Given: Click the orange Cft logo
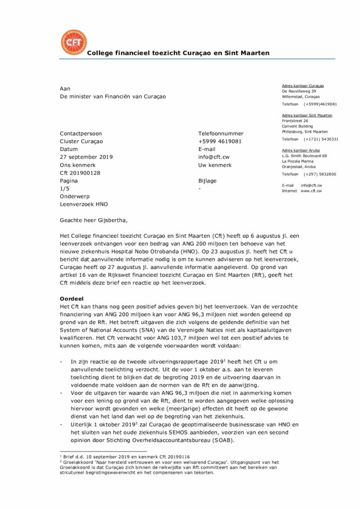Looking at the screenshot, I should (x=73, y=42).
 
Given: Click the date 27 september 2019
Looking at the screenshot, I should (x=86, y=157).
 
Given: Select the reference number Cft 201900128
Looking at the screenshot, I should (x=80, y=173).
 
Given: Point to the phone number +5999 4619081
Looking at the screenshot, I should (x=220, y=141).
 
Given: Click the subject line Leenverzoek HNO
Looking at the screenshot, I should (x=84, y=204).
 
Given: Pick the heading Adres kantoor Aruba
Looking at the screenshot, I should (x=300, y=150).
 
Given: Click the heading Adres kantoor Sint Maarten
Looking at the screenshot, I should (x=307, y=115).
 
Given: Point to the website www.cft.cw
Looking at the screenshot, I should (x=311, y=190).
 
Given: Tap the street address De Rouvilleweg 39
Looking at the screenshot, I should (x=299, y=91).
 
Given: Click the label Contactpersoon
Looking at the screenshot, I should (x=81, y=134).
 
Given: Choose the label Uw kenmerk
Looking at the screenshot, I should (x=215, y=165).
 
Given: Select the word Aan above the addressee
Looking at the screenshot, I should (x=65, y=88).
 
